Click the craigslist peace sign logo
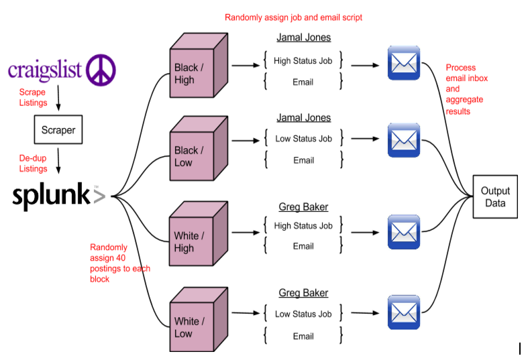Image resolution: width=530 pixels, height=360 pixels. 101,70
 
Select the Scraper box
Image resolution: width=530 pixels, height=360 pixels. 58,129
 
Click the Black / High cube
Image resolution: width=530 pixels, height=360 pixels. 199,66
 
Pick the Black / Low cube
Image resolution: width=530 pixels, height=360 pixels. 199,149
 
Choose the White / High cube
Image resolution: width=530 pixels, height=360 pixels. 199,234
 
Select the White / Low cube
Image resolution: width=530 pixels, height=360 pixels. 199,320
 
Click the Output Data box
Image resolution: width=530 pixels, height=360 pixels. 495,196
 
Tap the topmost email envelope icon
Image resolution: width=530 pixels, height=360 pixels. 404,63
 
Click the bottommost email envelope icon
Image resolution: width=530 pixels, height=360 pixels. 404,312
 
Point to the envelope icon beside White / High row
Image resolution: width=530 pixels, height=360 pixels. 404,232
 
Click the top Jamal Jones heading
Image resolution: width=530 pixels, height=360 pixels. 303,38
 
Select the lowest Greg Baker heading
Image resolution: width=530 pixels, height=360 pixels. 303,293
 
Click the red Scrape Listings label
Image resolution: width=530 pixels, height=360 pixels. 33,97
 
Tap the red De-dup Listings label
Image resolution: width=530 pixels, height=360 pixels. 33,164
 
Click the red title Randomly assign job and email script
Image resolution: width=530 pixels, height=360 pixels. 293,17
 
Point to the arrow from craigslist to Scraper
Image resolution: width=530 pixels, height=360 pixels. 58,98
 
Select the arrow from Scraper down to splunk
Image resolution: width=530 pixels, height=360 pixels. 58,161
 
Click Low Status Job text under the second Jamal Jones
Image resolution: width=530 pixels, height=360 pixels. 303,139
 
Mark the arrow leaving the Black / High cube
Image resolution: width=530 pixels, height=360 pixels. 246,65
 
